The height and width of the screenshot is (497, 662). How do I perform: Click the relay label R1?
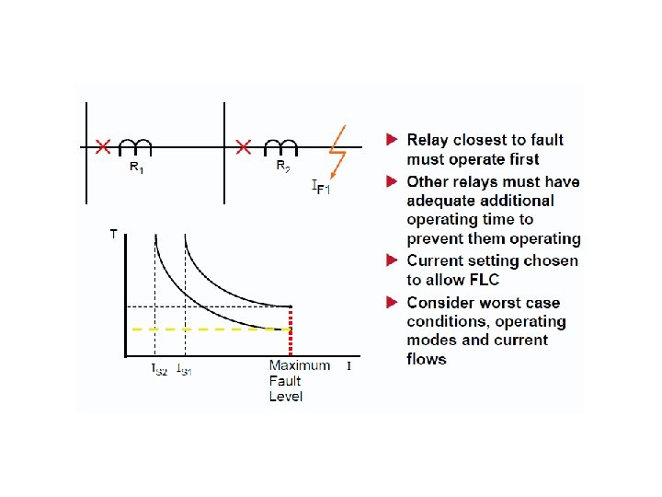tap(135, 168)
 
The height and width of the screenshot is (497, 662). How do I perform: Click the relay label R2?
tap(283, 168)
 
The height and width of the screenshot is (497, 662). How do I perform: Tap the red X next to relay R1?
tap(103, 147)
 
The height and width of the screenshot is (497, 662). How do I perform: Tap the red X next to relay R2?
tap(244, 147)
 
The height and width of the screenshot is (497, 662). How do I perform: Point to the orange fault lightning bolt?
tap(337, 150)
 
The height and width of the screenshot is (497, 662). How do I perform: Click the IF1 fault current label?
tap(322, 189)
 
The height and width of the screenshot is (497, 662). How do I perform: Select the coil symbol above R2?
tap(281, 146)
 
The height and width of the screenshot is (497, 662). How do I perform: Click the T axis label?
tap(114, 235)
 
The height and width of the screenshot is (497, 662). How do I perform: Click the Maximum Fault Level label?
tap(299, 380)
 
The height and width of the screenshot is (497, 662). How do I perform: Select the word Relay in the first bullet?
tap(428, 140)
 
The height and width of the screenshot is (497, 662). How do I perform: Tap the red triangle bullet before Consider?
tap(392, 302)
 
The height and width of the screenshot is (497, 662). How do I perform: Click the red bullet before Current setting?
tap(392, 260)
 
